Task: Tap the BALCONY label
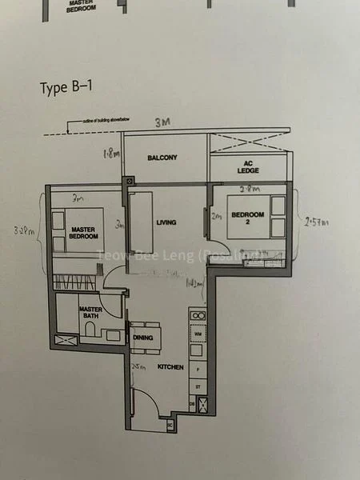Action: coord(162,158)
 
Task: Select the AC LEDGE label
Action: coord(247,168)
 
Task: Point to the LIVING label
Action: coord(166,222)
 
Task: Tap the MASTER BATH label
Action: coord(88,311)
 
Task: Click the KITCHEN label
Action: coord(170,367)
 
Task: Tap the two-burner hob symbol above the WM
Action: coord(197,314)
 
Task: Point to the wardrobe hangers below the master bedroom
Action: coord(74,282)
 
